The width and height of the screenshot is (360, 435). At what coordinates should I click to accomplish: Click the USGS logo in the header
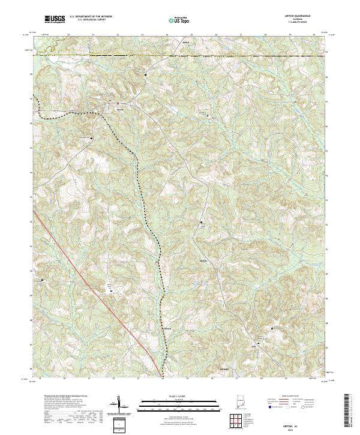pos(54,20)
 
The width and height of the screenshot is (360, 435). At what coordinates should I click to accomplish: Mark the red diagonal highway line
pos(90,282)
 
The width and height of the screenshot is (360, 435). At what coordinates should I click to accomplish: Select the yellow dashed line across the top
pos(180,55)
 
